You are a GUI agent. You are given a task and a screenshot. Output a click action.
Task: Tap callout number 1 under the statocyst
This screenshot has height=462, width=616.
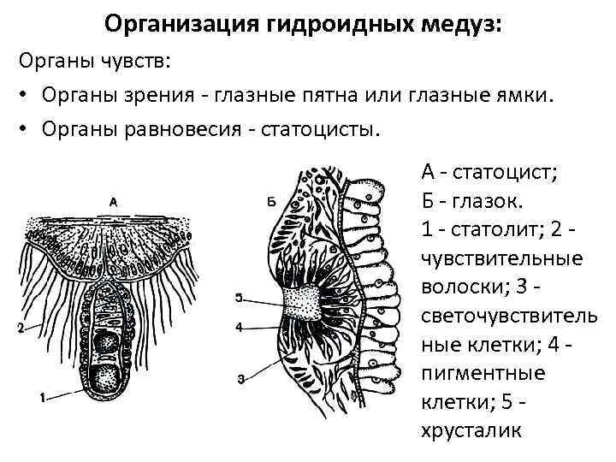click(x=42, y=397)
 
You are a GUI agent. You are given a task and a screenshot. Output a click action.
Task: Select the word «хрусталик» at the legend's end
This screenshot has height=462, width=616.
click(x=470, y=431)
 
